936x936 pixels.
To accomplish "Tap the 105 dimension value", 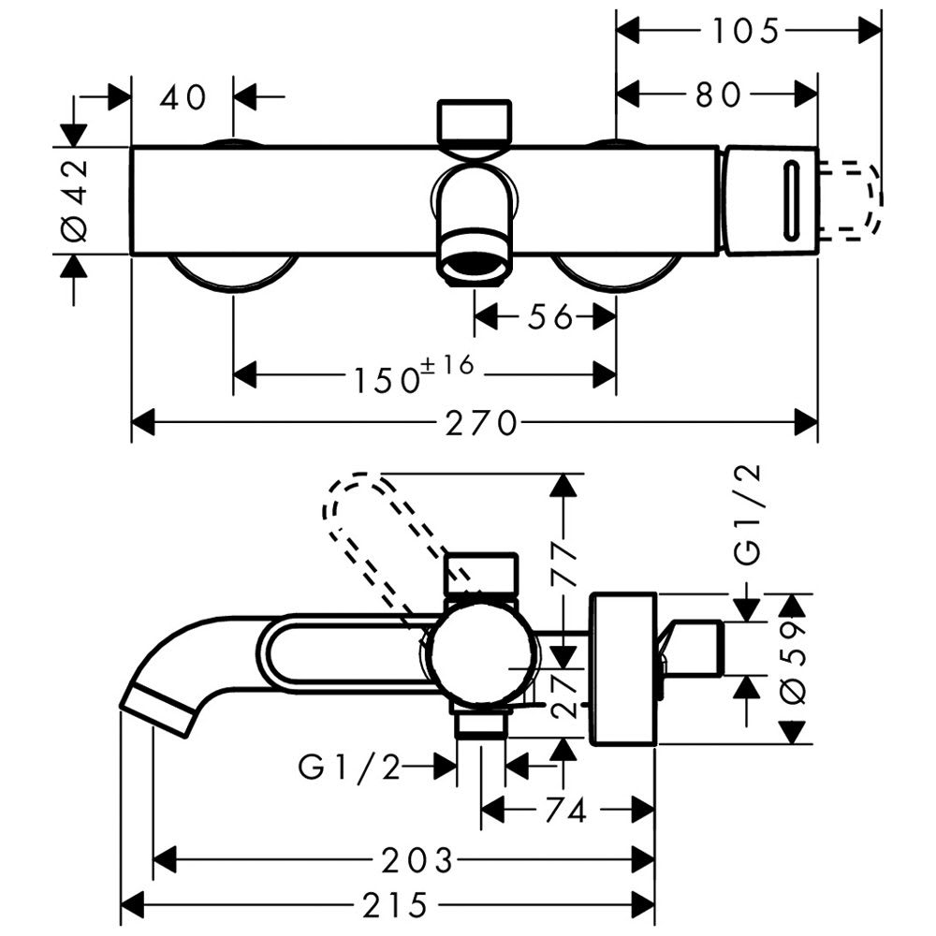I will tap(744, 31).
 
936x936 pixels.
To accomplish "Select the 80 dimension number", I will tap(718, 95).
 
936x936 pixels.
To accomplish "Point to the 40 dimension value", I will tap(183, 96).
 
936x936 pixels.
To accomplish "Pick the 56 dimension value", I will tap(549, 318).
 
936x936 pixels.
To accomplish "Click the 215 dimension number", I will tap(393, 905).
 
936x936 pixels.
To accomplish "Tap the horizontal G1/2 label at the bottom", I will tap(349, 768).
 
